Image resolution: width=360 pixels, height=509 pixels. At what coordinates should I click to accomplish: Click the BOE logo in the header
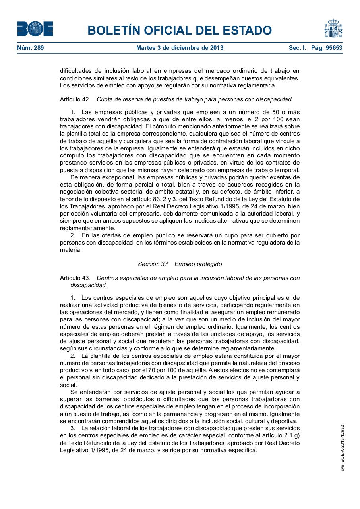pyautogui.click(x=35, y=29)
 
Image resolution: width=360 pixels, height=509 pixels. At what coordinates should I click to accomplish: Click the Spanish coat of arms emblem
pyautogui.click(x=333, y=29)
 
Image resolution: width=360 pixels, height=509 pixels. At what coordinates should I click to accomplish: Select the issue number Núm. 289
pyautogui.click(x=31, y=48)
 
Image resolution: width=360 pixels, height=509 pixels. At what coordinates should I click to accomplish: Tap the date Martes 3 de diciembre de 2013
pyautogui.click(x=180, y=48)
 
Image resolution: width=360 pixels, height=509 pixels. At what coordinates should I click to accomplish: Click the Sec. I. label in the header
pyautogui.click(x=297, y=48)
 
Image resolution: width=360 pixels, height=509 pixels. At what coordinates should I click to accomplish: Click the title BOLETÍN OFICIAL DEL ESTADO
pyautogui.click(x=180, y=30)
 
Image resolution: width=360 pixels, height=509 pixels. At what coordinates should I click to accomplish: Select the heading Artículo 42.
pyautogui.click(x=75, y=99)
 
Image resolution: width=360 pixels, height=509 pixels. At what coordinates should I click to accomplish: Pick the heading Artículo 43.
pyautogui.click(x=75, y=278)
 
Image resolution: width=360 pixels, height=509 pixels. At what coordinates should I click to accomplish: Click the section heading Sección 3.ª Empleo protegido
pyautogui.click(x=180, y=264)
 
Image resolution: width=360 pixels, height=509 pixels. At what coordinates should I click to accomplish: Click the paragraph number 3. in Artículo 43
pyautogui.click(x=73, y=428)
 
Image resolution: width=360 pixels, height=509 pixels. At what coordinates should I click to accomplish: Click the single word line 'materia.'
pyautogui.click(x=71, y=250)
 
